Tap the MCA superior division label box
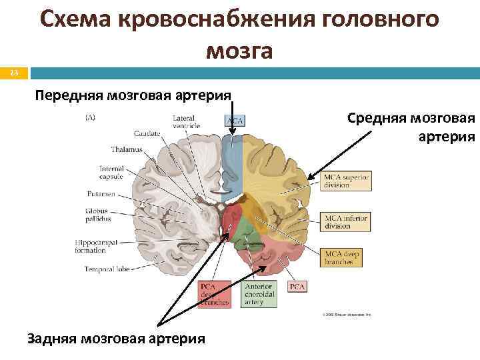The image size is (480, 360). point(346,181)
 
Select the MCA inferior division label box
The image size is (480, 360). point(346,221)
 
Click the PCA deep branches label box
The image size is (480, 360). point(215,293)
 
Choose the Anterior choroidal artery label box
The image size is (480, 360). point(257,293)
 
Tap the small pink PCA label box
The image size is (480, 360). point(297,287)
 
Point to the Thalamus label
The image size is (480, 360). point(127,150)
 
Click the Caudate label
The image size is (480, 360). point(147,133)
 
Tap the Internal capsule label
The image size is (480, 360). point(112,173)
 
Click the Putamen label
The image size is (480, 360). point(101,194)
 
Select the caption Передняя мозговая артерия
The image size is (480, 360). point(133,95)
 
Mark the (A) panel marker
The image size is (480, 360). point(90,118)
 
